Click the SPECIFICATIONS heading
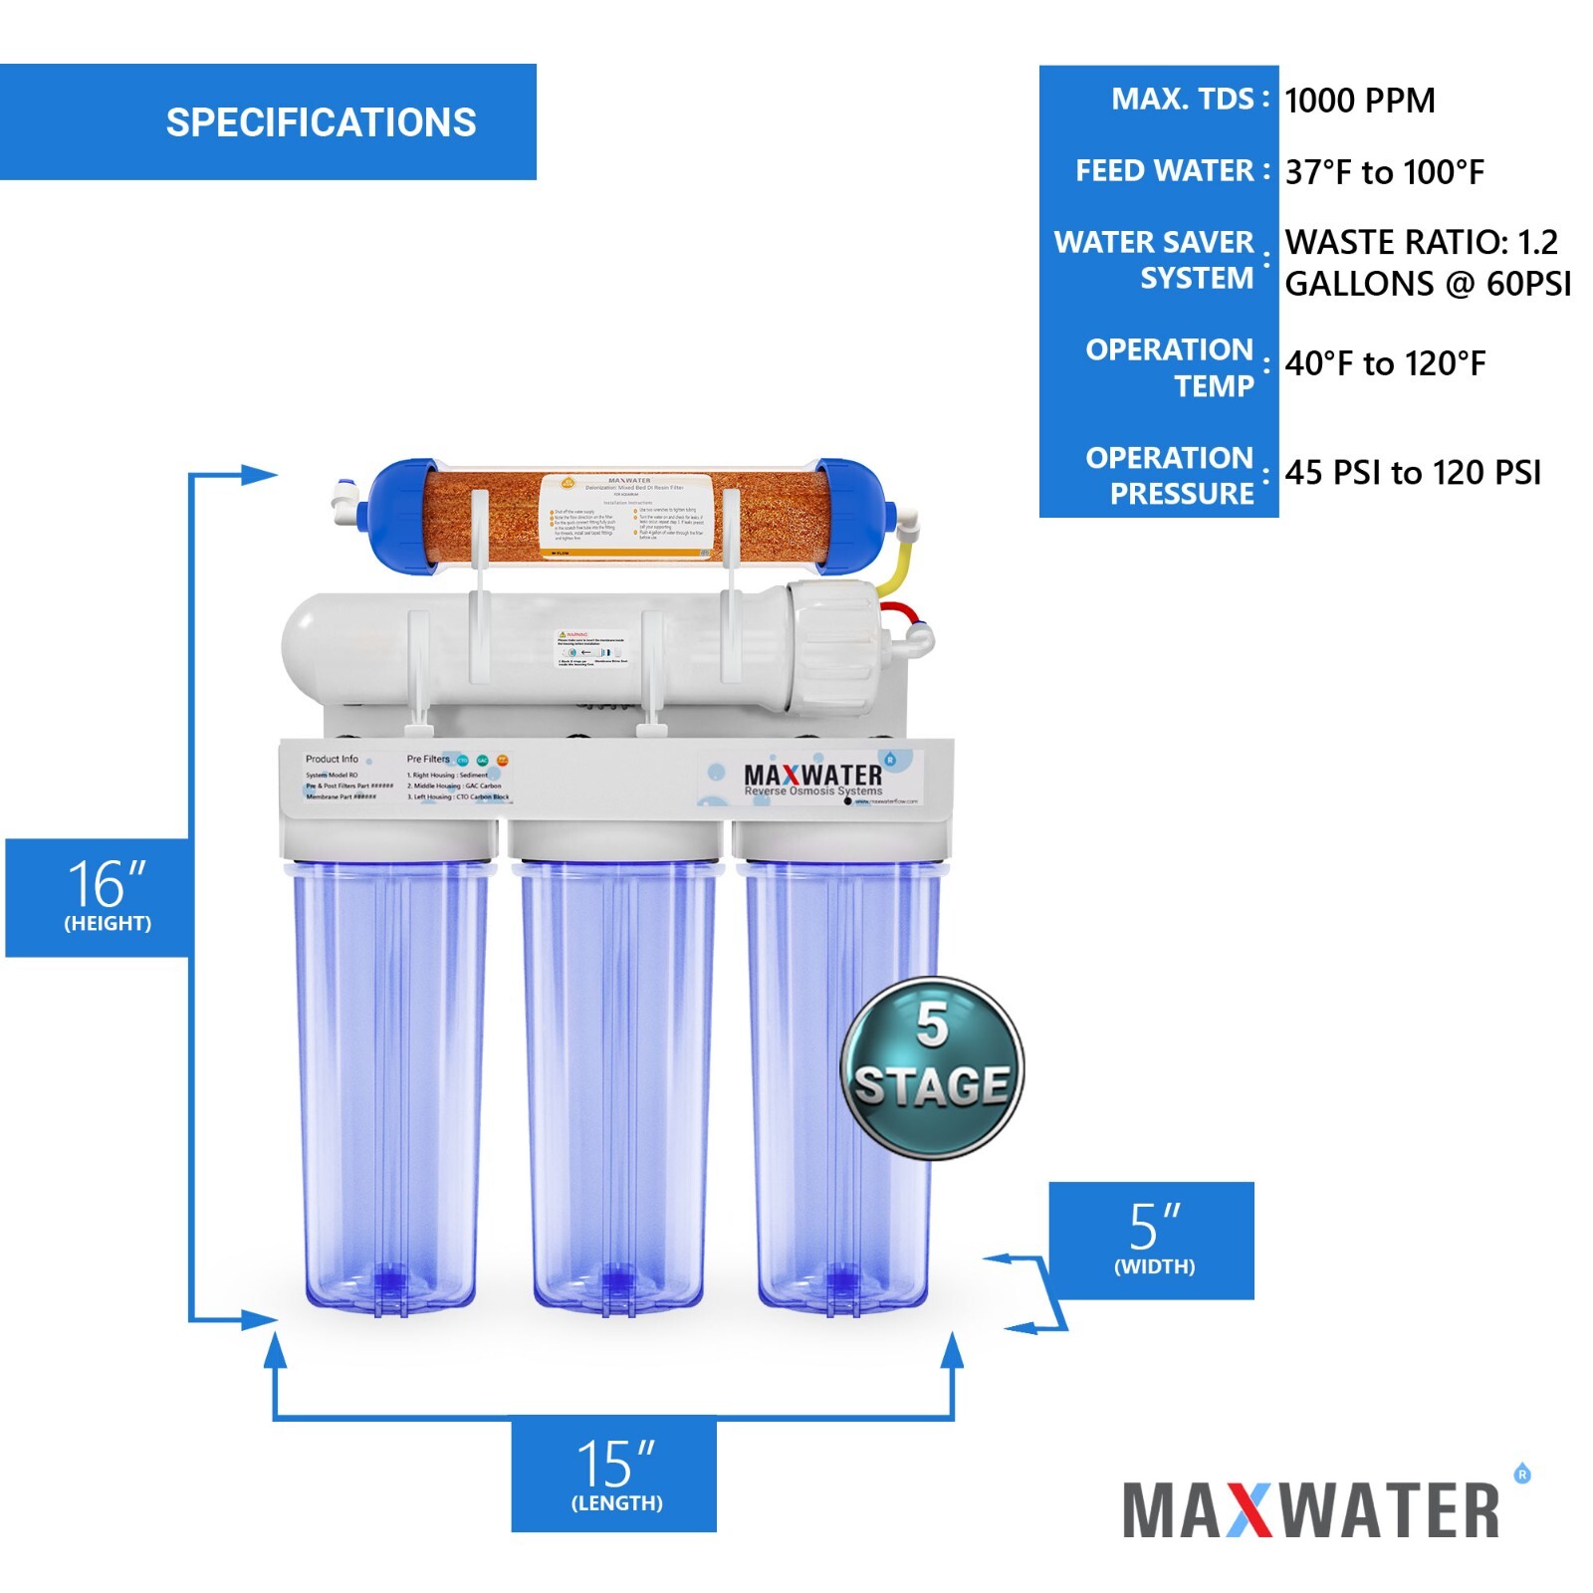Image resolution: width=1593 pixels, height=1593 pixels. coord(321,122)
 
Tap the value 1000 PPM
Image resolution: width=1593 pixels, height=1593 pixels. coord(1359,101)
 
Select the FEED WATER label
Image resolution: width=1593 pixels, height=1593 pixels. coord(1164,171)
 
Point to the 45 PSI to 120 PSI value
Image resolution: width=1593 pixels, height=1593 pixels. coord(1412,472)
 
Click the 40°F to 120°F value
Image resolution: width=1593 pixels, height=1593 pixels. coord(1384,363)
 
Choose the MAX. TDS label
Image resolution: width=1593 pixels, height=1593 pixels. coord(1182,100)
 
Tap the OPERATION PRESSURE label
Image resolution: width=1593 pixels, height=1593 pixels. coord(1169,475)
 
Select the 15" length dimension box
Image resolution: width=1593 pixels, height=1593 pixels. coord(614,1474)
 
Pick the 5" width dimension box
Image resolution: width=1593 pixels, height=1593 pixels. coord(1151,1240)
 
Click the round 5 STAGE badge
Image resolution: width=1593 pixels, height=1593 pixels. coord(932,1067)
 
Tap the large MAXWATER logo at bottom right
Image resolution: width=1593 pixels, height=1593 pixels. coord(1312,1509)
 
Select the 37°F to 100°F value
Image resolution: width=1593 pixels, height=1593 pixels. coord(1384,172)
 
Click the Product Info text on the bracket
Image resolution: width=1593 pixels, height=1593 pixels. coord(332,759)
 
